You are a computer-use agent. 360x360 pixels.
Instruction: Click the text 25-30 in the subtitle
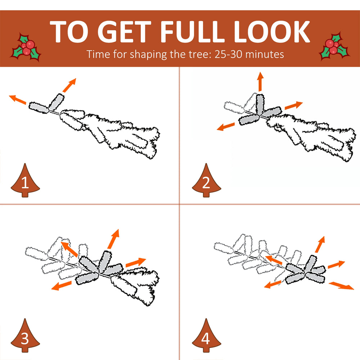(228, 54)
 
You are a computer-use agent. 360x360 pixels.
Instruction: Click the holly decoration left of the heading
(26, 48)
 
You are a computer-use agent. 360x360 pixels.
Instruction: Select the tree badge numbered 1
(25, 180)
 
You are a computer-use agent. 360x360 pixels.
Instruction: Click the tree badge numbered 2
(206, 180)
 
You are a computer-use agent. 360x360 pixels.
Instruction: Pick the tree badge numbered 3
(25, 336)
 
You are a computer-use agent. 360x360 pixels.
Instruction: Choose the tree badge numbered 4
(206, 336)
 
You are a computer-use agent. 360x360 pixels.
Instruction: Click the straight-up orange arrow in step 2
(260, 81)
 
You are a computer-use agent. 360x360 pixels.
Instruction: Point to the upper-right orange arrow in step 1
(69, 85)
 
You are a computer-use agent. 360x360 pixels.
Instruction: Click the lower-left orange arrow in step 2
(226, 127)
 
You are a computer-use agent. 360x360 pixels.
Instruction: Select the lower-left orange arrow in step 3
(61, 285)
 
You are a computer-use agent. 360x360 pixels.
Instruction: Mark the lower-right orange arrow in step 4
(341, 286)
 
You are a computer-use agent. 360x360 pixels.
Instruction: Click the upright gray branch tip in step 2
(260, 104)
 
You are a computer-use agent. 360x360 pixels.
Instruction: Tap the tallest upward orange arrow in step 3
(113, 239)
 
